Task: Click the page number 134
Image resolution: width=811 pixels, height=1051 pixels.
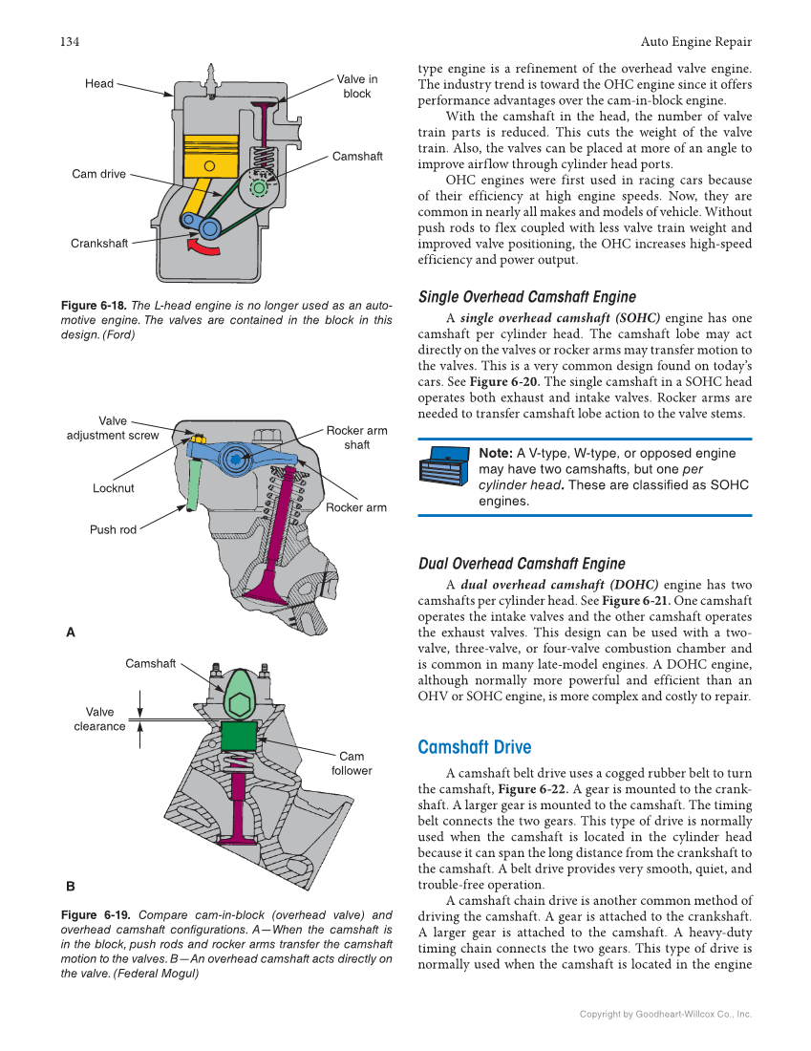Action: tap(69, 42)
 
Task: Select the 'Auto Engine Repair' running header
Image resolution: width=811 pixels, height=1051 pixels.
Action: tap(695, 42)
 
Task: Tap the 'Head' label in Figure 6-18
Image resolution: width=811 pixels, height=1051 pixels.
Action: tap(99, 84)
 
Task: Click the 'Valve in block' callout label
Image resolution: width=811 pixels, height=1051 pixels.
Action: tap(356, 87)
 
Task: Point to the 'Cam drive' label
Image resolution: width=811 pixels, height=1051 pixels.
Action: tap(98, 174)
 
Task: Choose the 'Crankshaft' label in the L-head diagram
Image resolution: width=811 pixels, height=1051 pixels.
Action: tap(99, 244)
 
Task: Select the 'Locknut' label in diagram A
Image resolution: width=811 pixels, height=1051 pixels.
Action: tap(114, 488)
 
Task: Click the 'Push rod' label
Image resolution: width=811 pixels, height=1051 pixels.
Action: tap(114, 529)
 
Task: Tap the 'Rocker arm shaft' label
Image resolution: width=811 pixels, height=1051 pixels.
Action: tap(356, 438)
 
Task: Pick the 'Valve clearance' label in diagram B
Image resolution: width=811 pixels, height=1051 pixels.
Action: tap(99, 719)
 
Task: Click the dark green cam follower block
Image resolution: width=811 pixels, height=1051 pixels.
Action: tap(239, 736)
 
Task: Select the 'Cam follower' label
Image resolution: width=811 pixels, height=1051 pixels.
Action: tap(352, 763)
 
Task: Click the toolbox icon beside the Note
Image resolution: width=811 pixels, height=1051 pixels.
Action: tap(444, 468)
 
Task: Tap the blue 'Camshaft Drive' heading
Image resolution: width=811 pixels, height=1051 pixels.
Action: tap(475, 747)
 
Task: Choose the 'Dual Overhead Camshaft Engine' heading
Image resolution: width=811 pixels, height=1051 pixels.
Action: tap(522, 564)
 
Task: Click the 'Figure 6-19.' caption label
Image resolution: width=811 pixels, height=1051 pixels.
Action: tap(94, 914)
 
